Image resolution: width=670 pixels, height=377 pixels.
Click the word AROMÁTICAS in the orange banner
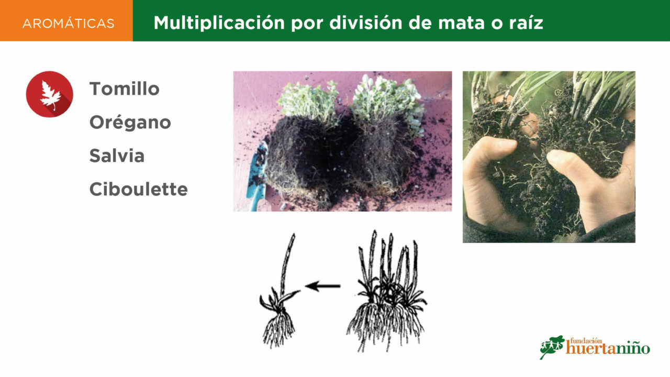coord(69,24)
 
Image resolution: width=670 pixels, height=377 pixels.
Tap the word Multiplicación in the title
coord(219,23)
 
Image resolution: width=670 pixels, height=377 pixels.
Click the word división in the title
coord(366,23)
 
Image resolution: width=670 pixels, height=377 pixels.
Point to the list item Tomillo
coord(125,89)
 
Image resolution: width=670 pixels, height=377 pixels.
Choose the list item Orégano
coord(130,123)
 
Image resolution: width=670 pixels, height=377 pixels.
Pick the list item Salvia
coord(117,156)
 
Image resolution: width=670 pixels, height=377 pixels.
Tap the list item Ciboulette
coord(139,190)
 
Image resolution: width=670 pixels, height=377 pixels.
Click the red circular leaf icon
coord(49,94)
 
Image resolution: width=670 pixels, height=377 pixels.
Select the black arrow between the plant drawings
coord(323,286)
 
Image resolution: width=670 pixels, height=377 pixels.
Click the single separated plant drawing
coord(280,292)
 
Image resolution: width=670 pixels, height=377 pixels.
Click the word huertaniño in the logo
coord(608,349)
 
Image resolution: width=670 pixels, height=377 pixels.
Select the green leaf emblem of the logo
coord(551,347)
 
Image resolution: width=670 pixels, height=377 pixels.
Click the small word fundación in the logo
coord(586,341)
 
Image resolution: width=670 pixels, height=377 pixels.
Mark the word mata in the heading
coord(461,23)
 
